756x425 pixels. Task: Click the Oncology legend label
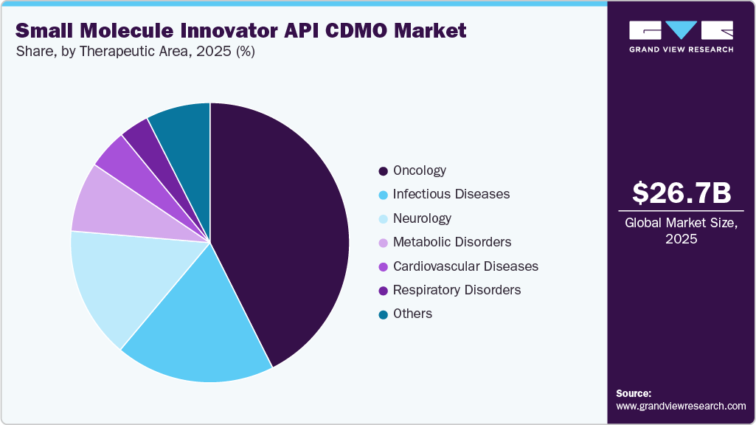pyautogui.click(x=419, y=170)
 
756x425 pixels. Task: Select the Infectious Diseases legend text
pyautogui.click(x=451, y=194)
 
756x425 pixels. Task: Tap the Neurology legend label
pyautogui.click(x=422, y=218)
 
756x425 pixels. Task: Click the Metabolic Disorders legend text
pyautogui.click(x=451, y=242)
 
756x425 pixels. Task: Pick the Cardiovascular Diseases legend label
pyautogui.click(x=465, y=266)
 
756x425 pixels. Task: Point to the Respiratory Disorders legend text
pyautogui.click(x=457, y=290)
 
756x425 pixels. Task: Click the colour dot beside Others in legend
pyautogui.click(x=383, y=314)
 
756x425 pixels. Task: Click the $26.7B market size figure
pyautogui.click(x=682, y=193)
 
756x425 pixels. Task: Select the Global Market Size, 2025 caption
pyautogui.click(x=682, y=230)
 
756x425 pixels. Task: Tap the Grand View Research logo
pyautogui.click(x=682, y=36)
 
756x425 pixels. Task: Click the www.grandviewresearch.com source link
pyautogui.click(x=681, y=406)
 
